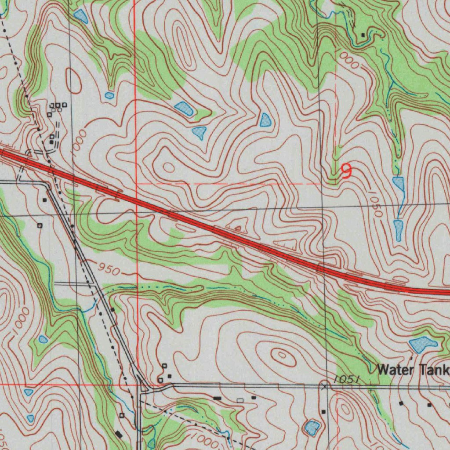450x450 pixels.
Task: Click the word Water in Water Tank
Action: point(396,370)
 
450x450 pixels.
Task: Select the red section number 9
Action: point(346,171)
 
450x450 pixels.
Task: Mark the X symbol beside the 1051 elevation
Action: point(325,386)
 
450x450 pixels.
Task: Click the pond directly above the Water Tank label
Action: point(423,344)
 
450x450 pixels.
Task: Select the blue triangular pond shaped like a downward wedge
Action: point(200,132)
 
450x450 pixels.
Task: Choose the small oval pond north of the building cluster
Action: point(109,95)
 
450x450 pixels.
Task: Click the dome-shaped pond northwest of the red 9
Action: point(265,120)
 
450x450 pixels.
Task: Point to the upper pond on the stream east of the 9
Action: point(398,183)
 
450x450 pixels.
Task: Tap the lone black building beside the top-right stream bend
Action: point(363,35)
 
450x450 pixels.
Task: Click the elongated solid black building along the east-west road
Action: point(217,398)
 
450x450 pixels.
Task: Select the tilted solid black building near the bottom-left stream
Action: point(119,434)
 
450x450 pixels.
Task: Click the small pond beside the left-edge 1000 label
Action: point(43,339)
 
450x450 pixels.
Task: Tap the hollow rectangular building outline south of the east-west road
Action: point(240,400)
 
